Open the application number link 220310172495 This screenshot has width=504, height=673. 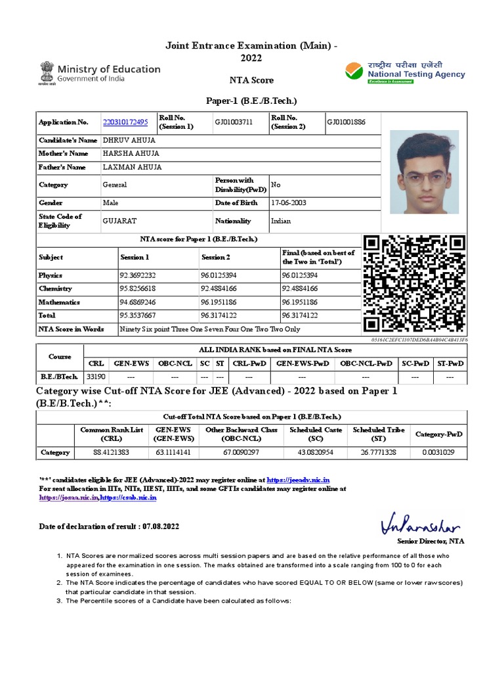click(x=125, y=122)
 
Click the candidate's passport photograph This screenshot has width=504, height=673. click(x=424, y=173)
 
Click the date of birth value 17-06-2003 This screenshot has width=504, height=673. click(x=289, y=203)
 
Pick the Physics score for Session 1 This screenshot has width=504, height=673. click(x=138, y=275)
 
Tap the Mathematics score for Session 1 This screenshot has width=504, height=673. click(x=138, y=302)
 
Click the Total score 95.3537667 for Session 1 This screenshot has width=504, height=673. click(x=138, y=315)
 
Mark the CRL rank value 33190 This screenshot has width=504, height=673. click(x=96, y=377)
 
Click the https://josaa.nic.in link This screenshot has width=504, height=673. click(x=68, y=498)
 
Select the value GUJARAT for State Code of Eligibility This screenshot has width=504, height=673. click(x=119, y=221)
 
